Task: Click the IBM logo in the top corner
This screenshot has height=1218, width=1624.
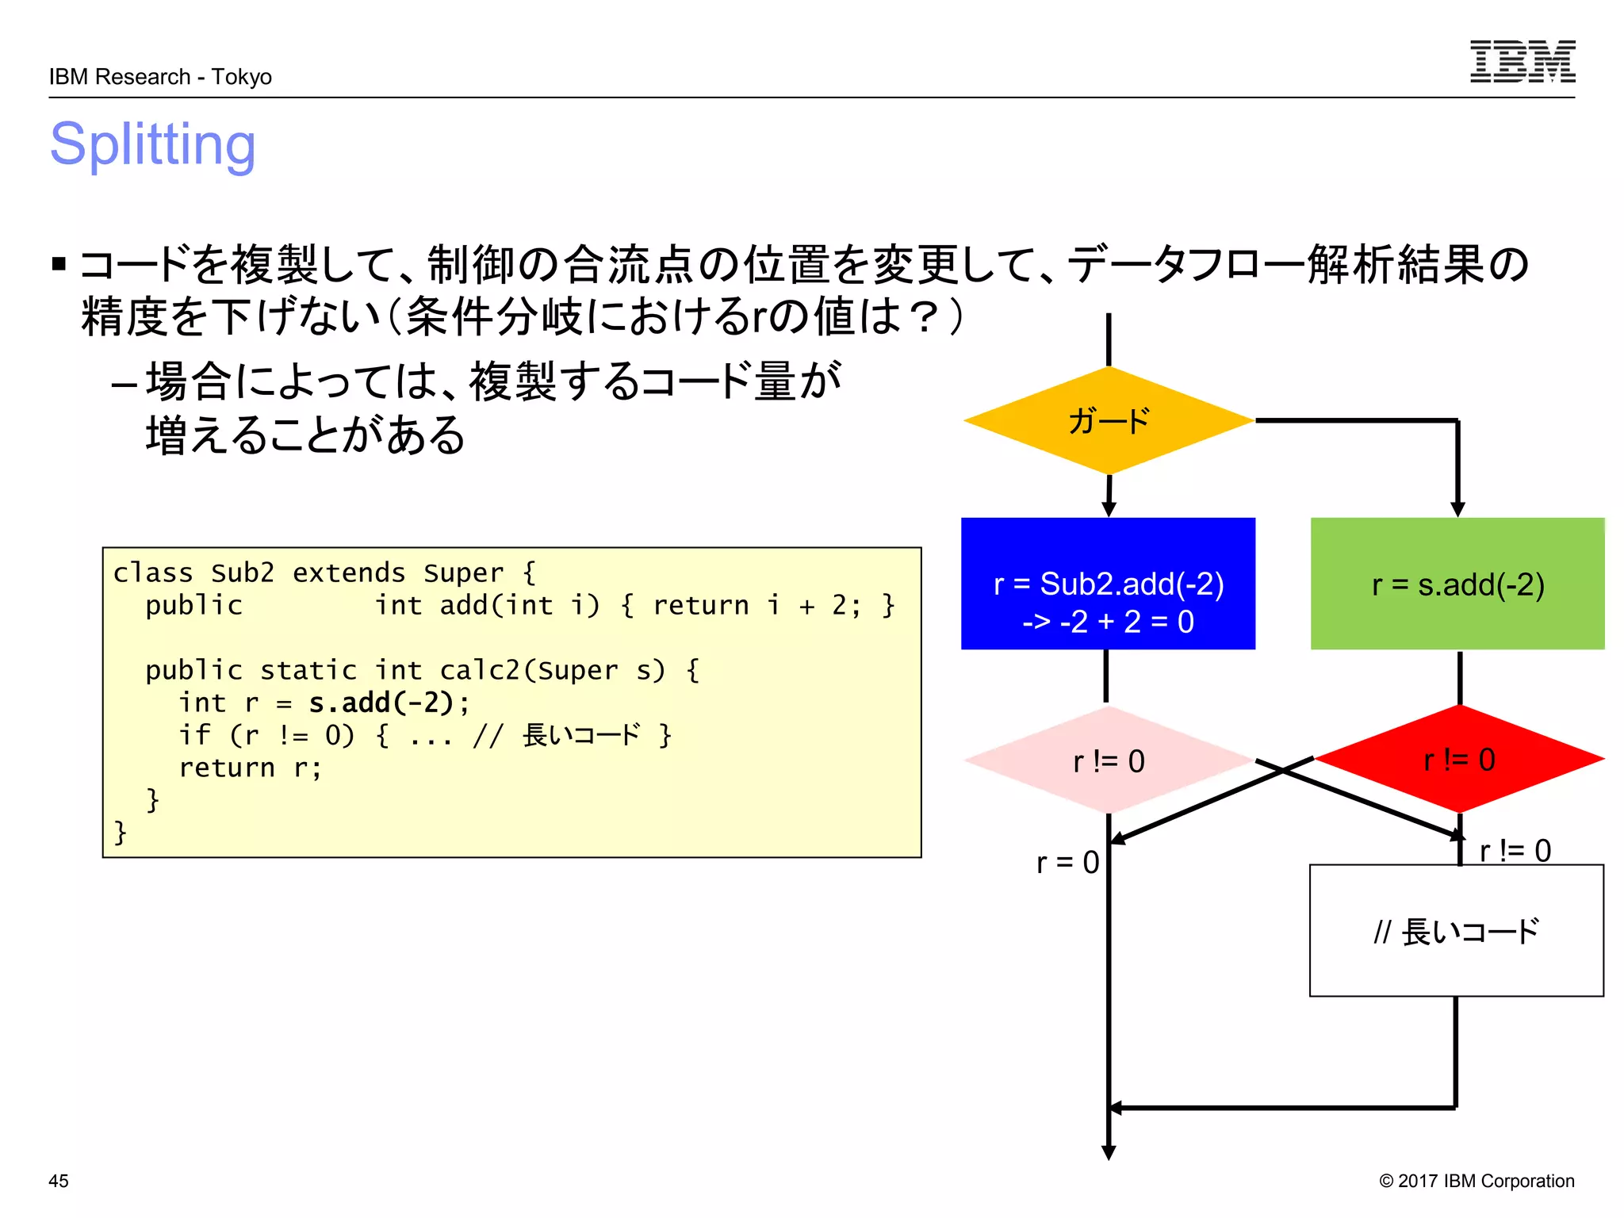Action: [x=1522, y=62]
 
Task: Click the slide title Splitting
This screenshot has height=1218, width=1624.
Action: [x=153, y=145]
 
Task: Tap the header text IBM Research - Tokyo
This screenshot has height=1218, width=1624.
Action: [x=160, y=77]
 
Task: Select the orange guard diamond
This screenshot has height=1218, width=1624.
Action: [x=1109, y=420]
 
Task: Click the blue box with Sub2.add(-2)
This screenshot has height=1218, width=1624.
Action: [x=1108, y=584]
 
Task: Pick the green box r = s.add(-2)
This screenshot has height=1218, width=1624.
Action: [x=1457, y=584]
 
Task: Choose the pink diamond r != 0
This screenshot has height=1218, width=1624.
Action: [x=1109, y=760]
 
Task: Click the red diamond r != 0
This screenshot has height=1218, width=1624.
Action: [x=1459, y=760]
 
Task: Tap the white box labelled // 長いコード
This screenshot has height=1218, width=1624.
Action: [x=1456, y=931]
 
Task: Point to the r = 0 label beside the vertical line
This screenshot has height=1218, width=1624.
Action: [x=1067, y=862]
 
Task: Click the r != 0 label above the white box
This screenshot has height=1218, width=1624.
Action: [x=1515, y=851]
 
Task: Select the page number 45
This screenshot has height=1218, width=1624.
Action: [x=59, y=1181]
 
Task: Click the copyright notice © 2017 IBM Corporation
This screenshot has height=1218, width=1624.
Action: [x=1477, y=1181]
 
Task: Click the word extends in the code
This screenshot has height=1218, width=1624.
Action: [x=349, y=573]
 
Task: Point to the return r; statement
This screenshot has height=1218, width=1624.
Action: [x=251, y=768]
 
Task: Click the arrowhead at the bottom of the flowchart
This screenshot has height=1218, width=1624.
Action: [x=1109, y=1152]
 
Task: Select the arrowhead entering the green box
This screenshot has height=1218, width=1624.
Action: [x=1457, y=508]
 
